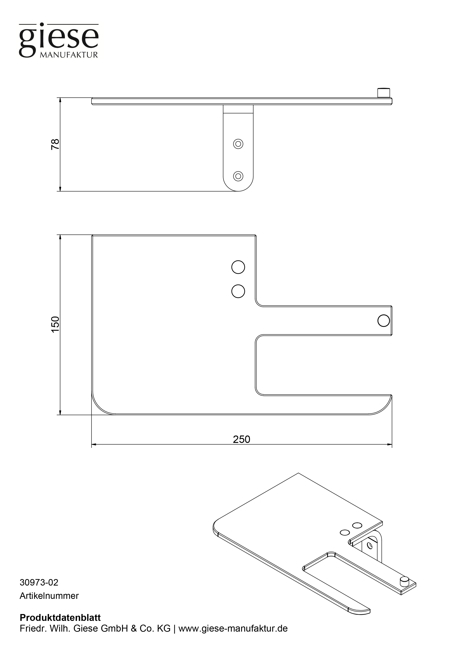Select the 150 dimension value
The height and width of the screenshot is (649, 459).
55,324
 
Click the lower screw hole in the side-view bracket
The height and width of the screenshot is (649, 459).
238,176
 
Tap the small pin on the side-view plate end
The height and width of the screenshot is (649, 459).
383,93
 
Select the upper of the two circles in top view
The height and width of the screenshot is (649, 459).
238,267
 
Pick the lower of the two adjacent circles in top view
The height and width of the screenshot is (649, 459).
238,291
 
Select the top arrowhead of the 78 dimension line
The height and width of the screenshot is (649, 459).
60,100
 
